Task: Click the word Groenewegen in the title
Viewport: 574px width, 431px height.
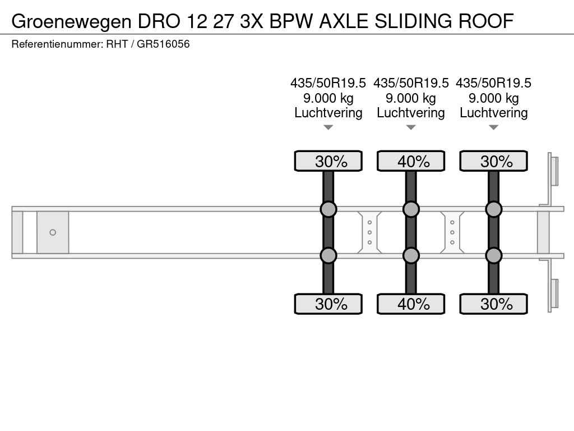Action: (71, 21)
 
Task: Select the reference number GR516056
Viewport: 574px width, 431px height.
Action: (163, 44)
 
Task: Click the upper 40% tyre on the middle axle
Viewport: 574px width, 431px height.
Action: (411, 161)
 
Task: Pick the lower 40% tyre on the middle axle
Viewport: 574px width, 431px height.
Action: (411, 304)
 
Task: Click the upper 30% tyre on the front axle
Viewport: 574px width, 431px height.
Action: (328, 161)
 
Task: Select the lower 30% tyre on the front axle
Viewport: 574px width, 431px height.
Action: (328, 304)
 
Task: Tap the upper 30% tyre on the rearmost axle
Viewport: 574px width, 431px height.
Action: (493, 161)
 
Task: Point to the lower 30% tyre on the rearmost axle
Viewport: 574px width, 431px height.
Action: (493, 304)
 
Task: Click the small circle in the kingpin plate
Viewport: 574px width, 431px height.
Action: (53, 232)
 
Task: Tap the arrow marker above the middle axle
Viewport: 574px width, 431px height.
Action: (411, 127)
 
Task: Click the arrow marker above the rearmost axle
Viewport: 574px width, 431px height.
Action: (493, 127)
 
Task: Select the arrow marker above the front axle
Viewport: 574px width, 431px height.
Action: (328, 127)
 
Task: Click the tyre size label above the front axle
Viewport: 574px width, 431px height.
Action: (328, 83)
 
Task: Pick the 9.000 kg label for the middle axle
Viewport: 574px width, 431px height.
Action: (411, 98)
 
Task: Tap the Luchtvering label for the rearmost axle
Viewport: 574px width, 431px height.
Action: (493, 113)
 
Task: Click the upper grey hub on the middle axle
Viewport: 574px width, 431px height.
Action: (411, 209)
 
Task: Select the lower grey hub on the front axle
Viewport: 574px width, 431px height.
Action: (328, 255)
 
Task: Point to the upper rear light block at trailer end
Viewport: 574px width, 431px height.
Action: (554, 171)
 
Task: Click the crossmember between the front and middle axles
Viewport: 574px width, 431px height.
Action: (369, 232)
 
